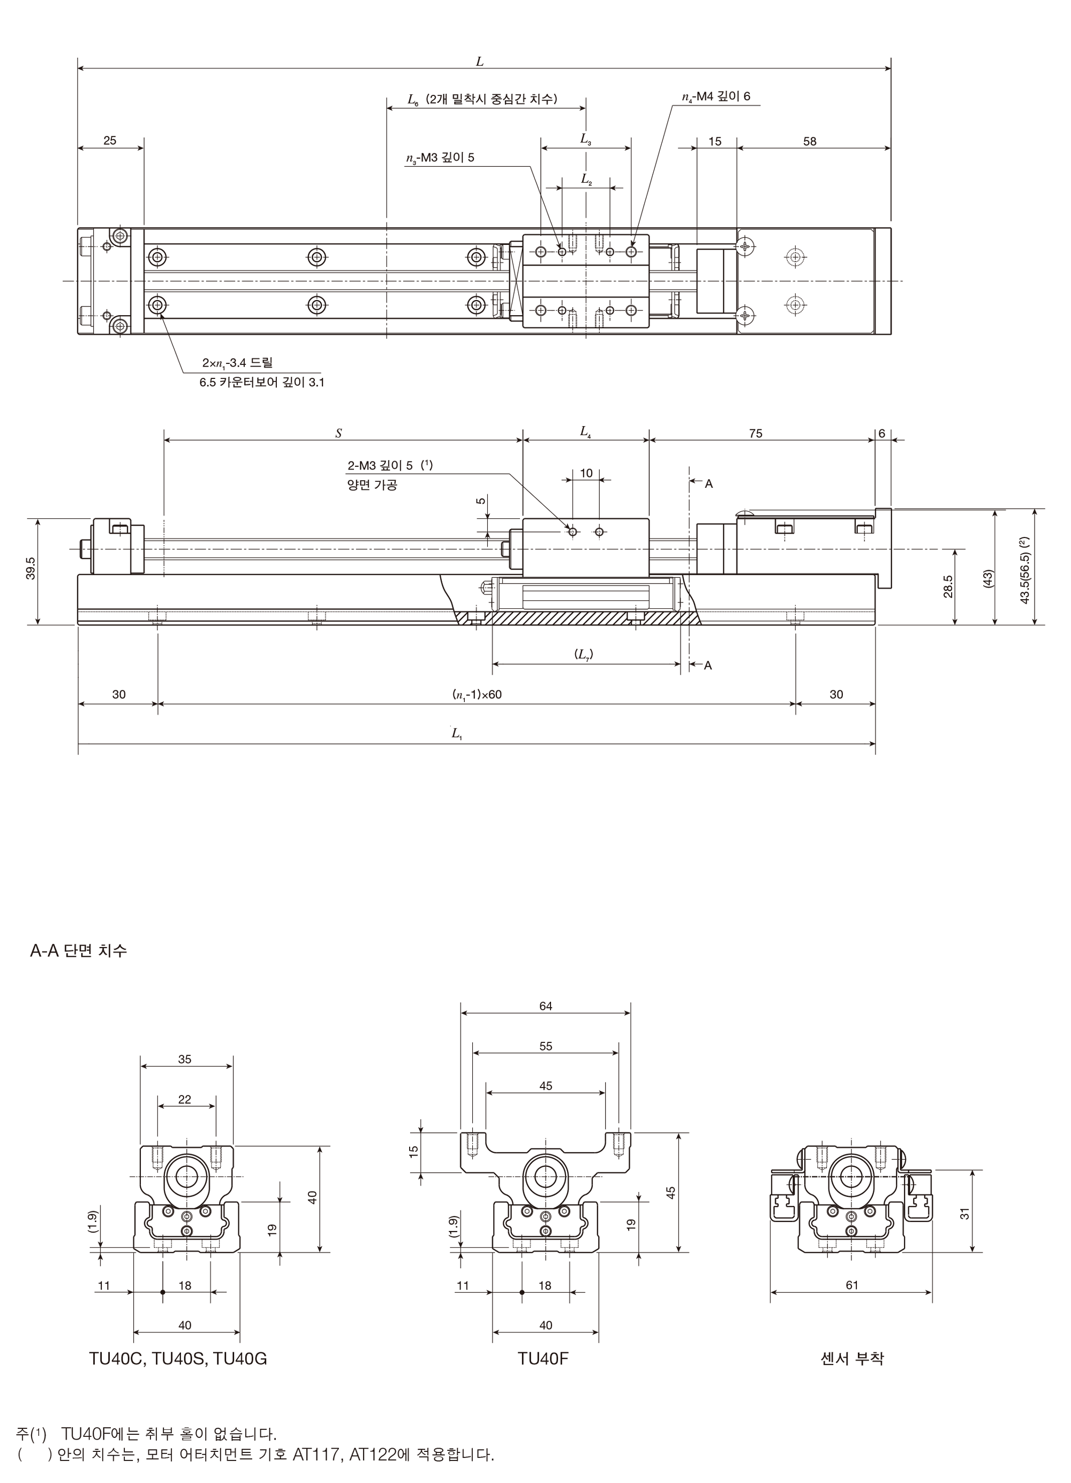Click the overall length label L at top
click(480, 62)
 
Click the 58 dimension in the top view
click(810, 141)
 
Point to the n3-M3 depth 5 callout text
click(440, 158)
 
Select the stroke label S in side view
click(338, 433)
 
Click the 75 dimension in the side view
click(756, 434)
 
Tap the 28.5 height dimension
click(948, 586)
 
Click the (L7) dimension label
click(584, 654)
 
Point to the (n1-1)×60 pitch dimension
click(477, 695)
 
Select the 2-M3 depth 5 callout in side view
click(390, 466)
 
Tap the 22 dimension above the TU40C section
click(185, 1100)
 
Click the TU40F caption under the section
click(543, 1359)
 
